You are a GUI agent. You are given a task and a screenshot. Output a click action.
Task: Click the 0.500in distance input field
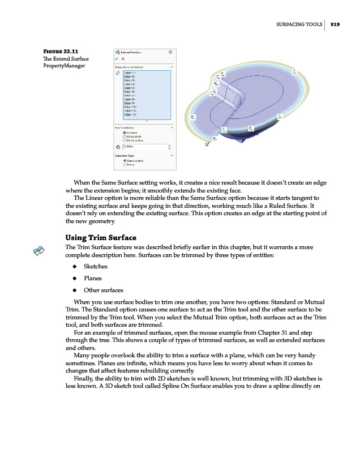144,147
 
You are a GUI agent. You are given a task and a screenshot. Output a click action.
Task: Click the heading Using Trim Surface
101,237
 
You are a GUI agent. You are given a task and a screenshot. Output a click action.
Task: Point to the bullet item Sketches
96,266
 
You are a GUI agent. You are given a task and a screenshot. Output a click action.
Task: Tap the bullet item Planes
93,278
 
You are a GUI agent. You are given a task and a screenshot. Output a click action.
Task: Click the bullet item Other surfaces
104,290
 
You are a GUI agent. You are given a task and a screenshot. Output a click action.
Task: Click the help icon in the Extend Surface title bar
170,52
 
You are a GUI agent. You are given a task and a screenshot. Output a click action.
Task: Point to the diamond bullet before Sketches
73,266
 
